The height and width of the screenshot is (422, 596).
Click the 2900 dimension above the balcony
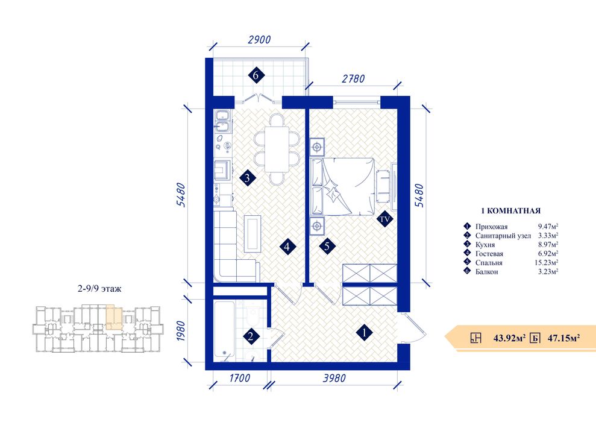click(x=259, y=40)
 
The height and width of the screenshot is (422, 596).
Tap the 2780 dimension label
click(x=353, y=79)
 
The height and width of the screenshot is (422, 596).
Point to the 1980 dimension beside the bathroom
click(x=181, y=331)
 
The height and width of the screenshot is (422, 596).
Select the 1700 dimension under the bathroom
click(x=240, y=378)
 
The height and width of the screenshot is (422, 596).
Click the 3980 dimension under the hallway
click(x=334, y=378)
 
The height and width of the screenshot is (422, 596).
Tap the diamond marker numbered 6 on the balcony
click(x=256, y=75)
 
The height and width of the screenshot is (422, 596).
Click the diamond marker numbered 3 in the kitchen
click(x=248, y=178)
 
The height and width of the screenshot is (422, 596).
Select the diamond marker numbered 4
click(x=287, y=247)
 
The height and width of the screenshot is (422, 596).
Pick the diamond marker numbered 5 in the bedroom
click(x=327, y=247)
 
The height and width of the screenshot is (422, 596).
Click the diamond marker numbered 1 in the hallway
click(x=365, y=333)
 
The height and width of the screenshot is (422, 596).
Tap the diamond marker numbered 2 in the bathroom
click(x=251, y=336)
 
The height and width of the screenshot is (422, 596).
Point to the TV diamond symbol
click(x=384, y=219)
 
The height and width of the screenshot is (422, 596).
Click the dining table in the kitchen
click(x=277, y=150)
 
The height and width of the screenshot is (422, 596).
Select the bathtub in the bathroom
click(x=225, y=330)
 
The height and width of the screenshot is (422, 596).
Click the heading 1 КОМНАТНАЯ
click(x=510, y=210)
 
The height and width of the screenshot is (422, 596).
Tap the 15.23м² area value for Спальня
click(x=546, y=263)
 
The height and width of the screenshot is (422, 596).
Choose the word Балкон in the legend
click(x=486, y=272)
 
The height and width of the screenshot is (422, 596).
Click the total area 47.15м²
click(x=563, y=338)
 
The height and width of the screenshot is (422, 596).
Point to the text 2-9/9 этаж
click(x=99, y=289)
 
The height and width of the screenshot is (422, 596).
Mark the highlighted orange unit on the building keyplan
click(x=114, y=317)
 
